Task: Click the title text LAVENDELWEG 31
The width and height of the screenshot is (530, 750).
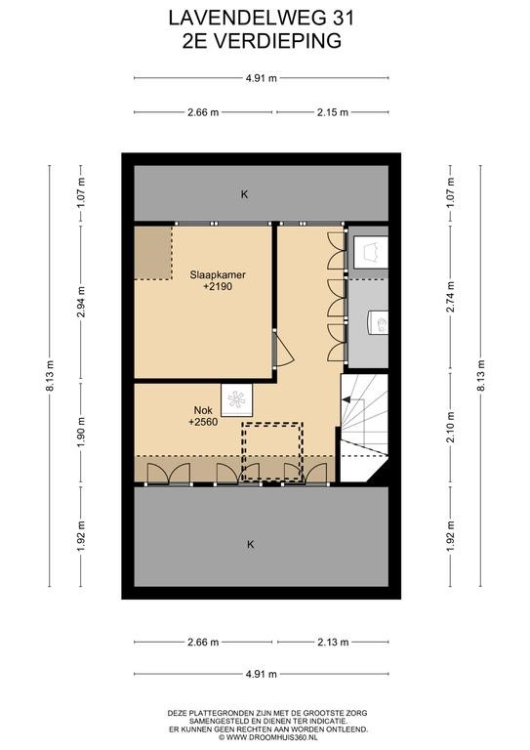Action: [x=262, y=19]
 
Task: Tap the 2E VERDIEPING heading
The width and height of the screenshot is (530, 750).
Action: [x=262, y=41]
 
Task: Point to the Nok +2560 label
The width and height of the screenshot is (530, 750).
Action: [x=203, y=416]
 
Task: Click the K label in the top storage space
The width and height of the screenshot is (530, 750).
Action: [x=245, y=194]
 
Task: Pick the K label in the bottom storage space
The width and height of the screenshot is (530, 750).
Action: [x=251, y=544]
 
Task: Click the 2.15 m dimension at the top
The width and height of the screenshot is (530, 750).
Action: [x=333, y=112]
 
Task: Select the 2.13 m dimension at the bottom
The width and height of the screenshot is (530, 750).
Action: [x=333, y=642]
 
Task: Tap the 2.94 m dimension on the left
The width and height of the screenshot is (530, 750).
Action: [x=81, y=302]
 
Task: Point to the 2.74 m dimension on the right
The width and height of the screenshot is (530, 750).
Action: [x=450, y=297]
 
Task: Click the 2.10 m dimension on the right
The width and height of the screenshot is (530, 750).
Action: [x=450, y=427]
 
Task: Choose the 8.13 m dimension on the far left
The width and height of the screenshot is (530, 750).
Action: [x=50, y=375]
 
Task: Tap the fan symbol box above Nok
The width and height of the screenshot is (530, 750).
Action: [x=236, y=400]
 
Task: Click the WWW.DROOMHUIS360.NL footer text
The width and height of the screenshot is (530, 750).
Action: [x=268, y=737]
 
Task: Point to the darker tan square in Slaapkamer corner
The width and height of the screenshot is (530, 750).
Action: [x=153, y=253]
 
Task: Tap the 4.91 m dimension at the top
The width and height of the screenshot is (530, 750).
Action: [x=261, y=78]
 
